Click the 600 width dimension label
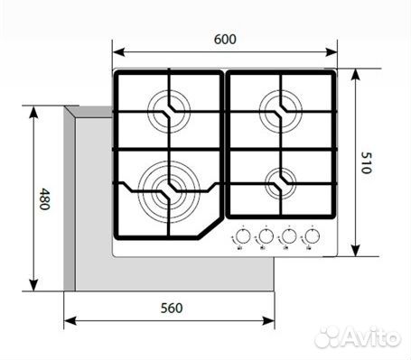226,39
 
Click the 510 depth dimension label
365,162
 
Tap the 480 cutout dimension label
42,198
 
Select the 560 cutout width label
172,308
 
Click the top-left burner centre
167,112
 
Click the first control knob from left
241,238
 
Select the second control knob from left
266,238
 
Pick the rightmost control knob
313,238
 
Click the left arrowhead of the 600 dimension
116,51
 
